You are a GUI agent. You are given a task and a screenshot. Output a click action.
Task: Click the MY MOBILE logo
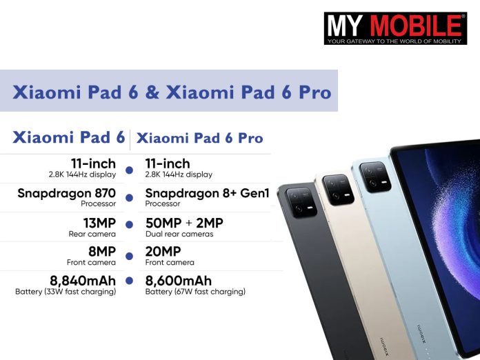point(395,28)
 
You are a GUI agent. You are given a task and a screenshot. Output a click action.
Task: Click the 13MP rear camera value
point(97,223)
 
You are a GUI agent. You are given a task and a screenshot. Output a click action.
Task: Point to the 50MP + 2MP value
point(184,223)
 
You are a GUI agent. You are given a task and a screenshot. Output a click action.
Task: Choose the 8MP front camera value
point(101,252)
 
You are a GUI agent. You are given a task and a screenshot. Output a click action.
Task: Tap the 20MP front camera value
point(163,252)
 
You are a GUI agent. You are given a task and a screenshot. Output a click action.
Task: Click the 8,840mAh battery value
point(82,281)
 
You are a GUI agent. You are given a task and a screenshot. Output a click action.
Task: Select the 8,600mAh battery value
point(179,281)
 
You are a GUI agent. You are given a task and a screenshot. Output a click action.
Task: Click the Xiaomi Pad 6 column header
point(69,138)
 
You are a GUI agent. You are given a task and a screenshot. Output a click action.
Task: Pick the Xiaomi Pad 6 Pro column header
point(200,138)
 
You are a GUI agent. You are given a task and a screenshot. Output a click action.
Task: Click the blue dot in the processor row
point(129,198)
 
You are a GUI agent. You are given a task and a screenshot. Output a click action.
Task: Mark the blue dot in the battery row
point(129,281)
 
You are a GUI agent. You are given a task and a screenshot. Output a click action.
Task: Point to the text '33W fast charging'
point(80,292)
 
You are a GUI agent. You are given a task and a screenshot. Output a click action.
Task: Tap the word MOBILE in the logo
point(417,25)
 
